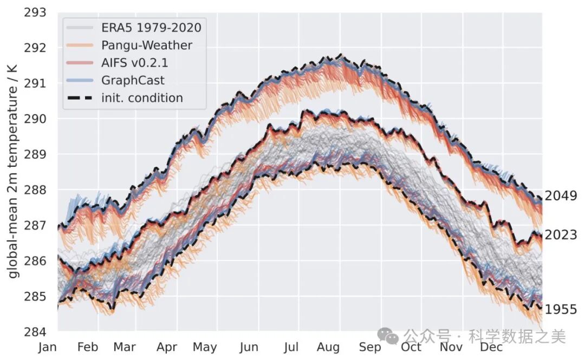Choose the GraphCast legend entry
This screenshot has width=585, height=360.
click(x=133, y=80)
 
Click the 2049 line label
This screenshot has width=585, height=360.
click(x=561, y=196)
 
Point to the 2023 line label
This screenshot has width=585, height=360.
click(x=561, y=235)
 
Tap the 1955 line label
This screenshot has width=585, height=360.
click(x=561, y=310)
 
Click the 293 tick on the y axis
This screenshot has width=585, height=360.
click(x=35, y=12)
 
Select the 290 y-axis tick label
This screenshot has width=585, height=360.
click(x=35, y=119)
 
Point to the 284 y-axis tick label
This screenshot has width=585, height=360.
click(x=35, y=331)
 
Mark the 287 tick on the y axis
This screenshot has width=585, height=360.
click(x=35, y=225)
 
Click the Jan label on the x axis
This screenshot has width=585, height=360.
click(x=48, y=347)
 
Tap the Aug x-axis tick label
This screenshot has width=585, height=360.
click(x=328, y=347)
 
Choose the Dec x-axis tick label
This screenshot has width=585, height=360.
click(x=491, y=347)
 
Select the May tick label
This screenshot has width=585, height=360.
click(x=205, y=347)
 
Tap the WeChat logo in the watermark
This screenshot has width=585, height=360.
click(x=389, y=336)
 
